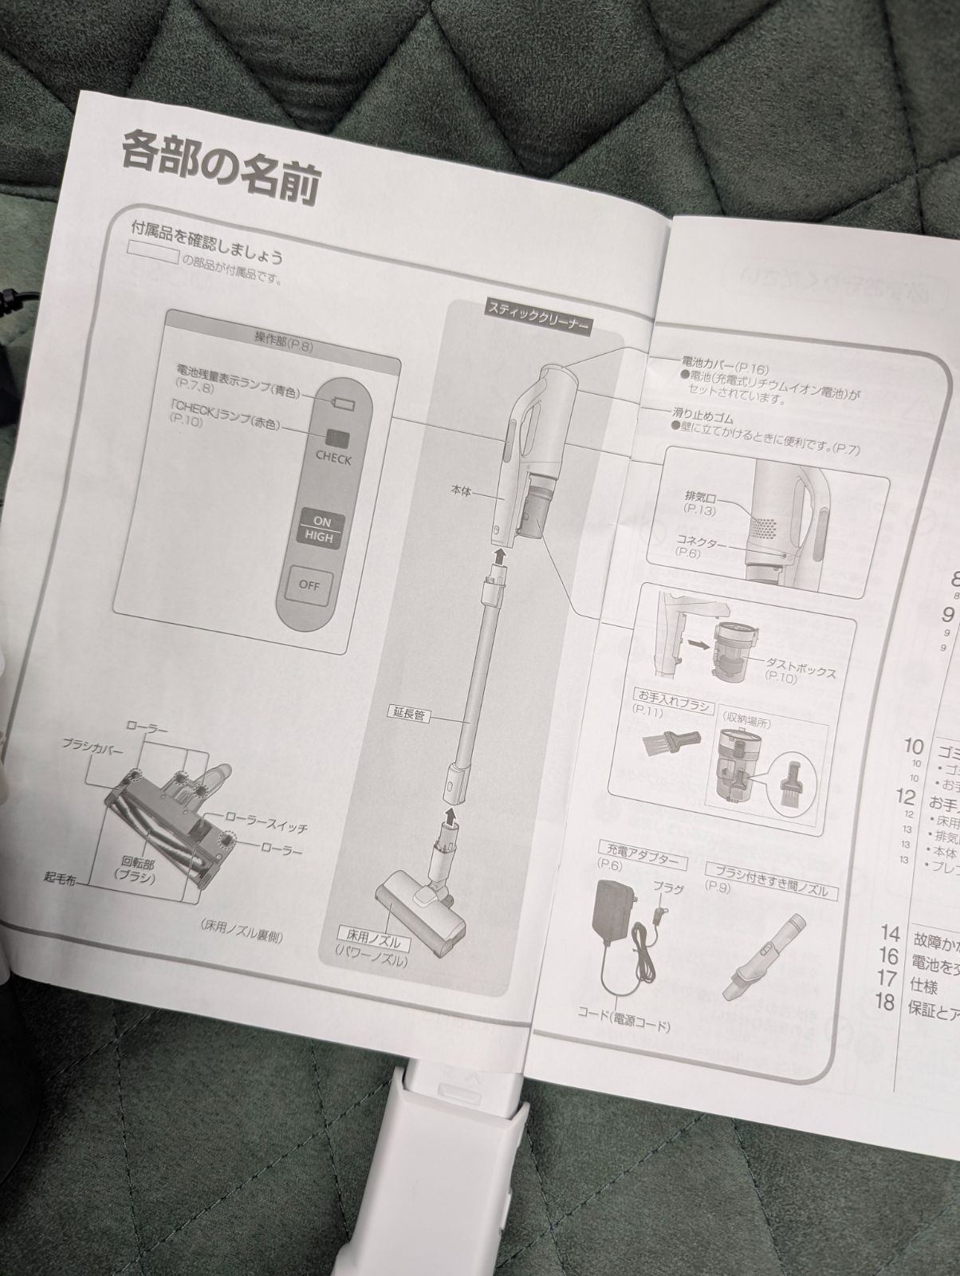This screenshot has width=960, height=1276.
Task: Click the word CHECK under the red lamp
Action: (x=333, y=459)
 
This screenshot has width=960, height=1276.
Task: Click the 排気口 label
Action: (x=698, y=498)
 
